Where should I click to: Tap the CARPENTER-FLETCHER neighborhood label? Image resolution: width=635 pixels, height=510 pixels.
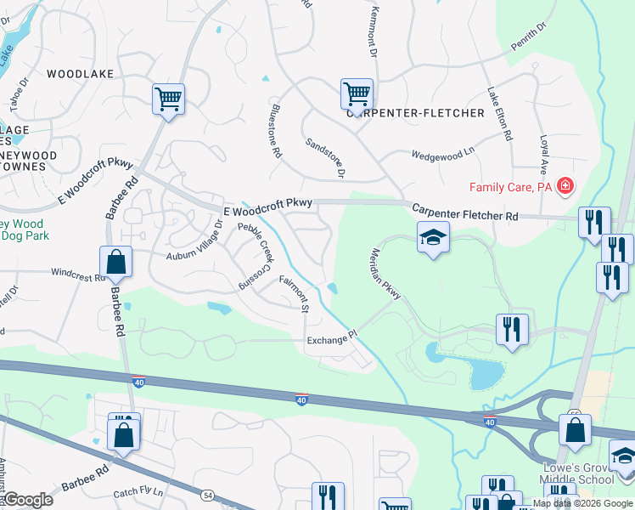pyautogui.click(x=415, y=113)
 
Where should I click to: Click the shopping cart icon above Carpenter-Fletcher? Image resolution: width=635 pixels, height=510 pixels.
pyautogui.click(x=357, y=93)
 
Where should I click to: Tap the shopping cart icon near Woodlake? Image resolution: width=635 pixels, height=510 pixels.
pyautogui.click(x=168, y=99)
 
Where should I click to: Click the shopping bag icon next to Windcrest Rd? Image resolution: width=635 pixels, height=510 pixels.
pyautogui.click(x=115, y=262)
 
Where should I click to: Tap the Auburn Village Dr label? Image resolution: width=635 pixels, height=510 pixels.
pyautogui.click(x=193, y=241)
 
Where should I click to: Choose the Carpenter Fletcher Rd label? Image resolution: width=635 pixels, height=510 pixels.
pyautogui.click(x=464, y=212)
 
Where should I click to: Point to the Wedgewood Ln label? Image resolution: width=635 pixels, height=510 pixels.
pyautogui.click(x=442, y=155)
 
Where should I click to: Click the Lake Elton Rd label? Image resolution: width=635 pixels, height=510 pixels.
pyautogui.click(x=498, y=113)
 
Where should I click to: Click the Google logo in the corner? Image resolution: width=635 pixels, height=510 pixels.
pyautogui.click(x=28, y=500)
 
